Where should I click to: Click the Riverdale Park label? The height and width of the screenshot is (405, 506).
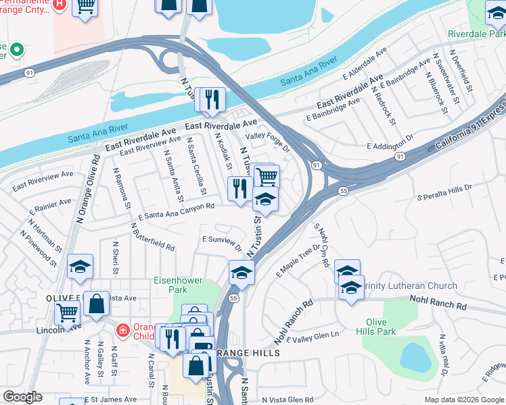477,33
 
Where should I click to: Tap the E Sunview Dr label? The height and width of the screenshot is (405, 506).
222,240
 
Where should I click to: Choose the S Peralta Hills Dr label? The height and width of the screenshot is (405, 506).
444,191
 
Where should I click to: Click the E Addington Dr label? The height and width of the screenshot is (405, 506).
389,144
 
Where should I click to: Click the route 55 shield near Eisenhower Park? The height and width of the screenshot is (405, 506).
233,297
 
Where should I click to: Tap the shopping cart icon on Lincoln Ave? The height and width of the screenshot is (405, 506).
67,312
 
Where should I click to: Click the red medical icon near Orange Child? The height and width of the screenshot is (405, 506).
122,330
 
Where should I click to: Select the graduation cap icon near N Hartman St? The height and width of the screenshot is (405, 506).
80,267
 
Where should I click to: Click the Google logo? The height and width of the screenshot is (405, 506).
22,397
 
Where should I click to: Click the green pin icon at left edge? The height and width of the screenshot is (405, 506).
15,51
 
